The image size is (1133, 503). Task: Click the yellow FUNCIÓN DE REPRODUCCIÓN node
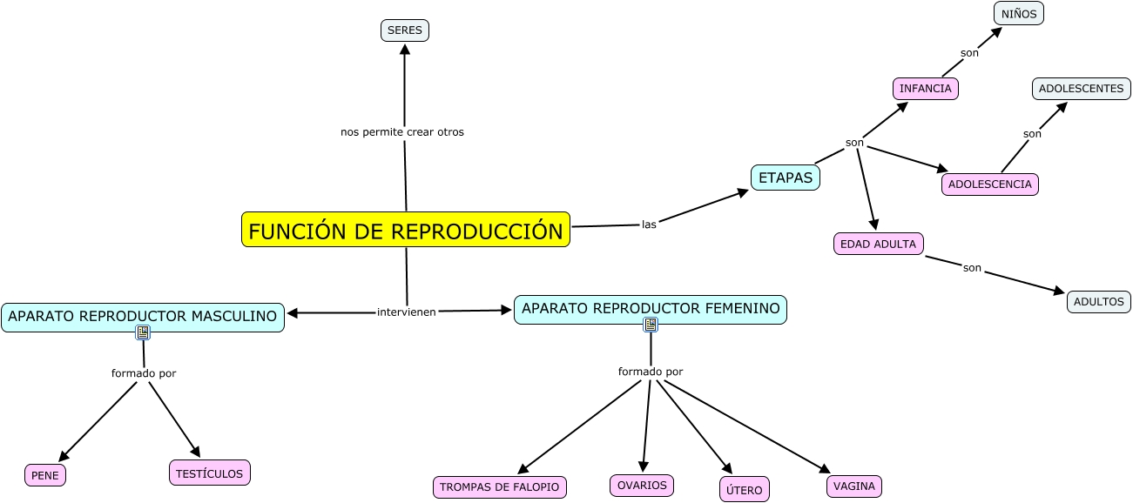coord(406,230)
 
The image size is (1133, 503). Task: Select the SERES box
coord(405,30)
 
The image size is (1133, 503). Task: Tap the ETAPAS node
coord(786,178)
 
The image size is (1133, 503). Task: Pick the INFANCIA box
coord(926,89)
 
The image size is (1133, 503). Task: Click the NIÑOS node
coord(1019,14)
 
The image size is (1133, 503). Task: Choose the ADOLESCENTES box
coord(1082,89)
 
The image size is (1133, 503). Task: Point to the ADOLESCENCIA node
coord(990,184)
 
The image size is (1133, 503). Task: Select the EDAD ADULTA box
coord(878,245)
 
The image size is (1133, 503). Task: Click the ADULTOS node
coord(1099,302)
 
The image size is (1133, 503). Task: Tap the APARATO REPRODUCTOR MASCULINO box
coord(143,317)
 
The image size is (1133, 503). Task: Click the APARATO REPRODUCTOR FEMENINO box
coord(651,309)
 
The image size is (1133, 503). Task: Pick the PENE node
coord(45,475)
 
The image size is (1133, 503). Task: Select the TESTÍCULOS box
coord(210,473)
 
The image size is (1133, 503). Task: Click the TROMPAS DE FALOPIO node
coord(500,487)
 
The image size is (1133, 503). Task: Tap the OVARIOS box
coord(642,486)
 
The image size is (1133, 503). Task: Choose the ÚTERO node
coord(745,490)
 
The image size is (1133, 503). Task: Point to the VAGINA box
coord(854,486)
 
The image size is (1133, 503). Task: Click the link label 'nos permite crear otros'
coord(402,132)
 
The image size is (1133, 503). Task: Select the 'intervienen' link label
coord(406,312)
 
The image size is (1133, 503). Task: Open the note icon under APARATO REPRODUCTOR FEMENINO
coord(651,325)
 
